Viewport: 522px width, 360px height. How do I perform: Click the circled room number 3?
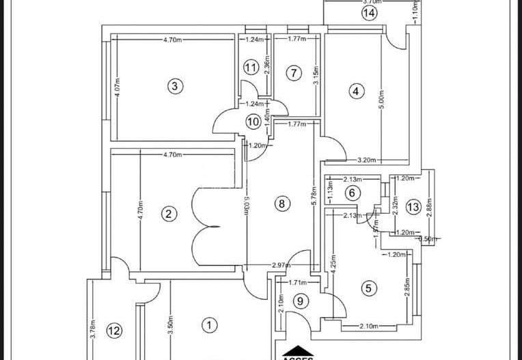coord(176,86)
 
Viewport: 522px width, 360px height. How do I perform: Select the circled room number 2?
coord(167,214)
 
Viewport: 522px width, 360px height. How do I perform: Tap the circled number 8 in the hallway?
coord(279,203)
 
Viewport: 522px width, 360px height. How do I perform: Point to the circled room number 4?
coord(355,90)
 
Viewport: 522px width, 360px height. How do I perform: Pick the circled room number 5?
coord(369,288)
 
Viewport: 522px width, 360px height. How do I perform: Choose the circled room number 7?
coord(293,73)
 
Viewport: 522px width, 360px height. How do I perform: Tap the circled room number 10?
coord(253,122)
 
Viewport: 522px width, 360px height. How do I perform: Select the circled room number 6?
coord(352,193)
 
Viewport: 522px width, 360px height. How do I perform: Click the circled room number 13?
coord(412,207)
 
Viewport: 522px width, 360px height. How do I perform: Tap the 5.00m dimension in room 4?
coord(383,102)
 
